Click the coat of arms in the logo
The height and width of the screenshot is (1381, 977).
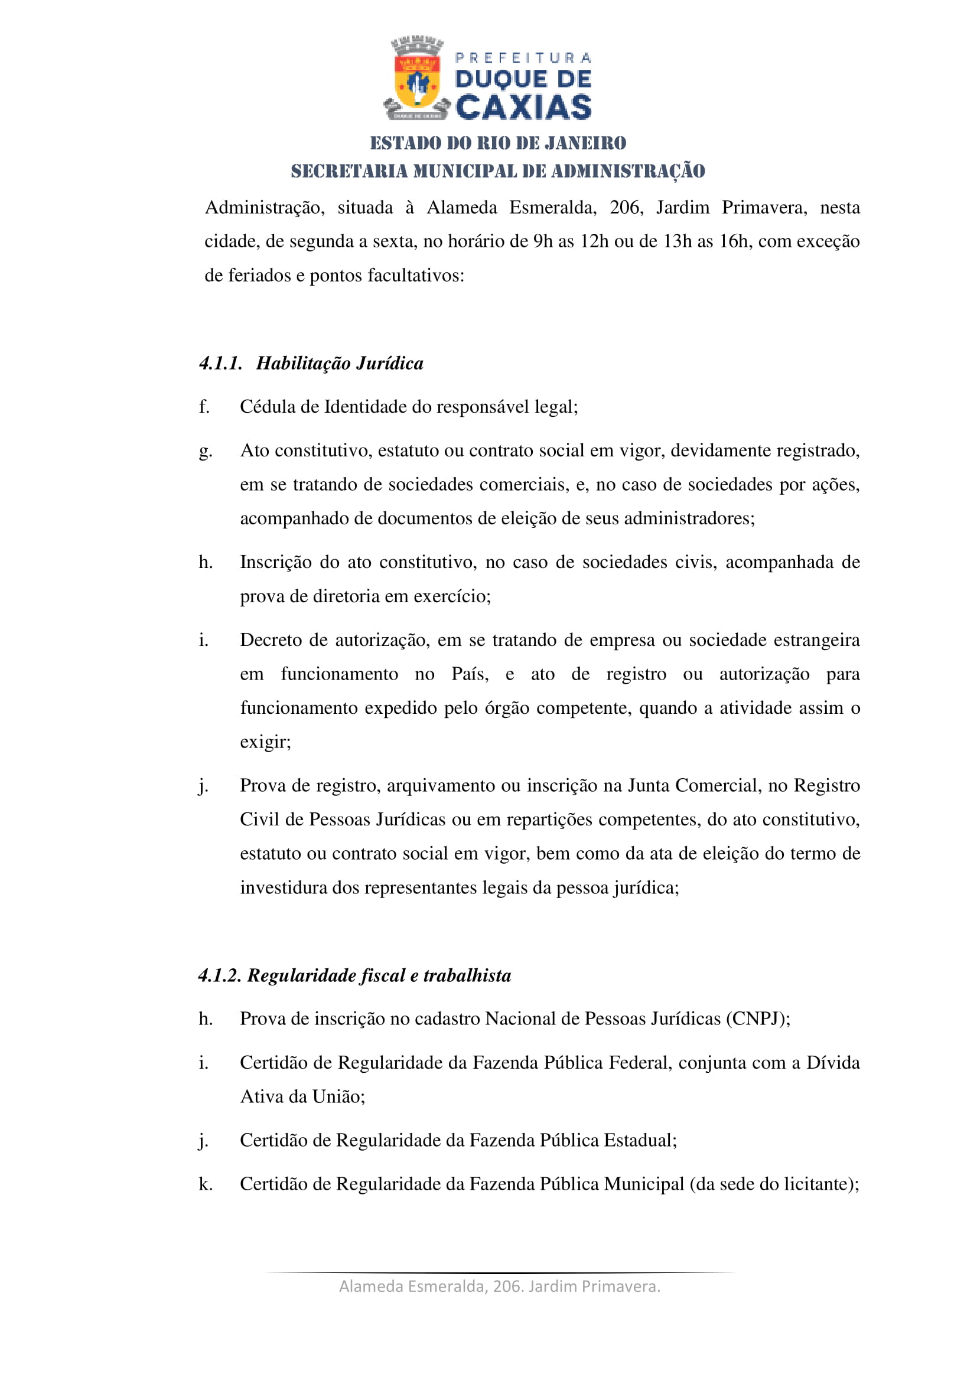pyautogui.click(x=416, y=78)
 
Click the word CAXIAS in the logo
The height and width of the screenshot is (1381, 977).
pyautogui.click(x=523, y=107)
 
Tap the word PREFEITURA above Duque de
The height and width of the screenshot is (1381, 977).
pyautogui.click(x=523, y=58)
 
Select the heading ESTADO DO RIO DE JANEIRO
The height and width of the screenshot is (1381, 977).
pyautogui.click(x=497, y=143)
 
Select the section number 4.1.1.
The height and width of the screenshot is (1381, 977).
pyautogui.click(x=220, y=363)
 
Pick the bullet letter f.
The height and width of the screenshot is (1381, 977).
pyautogui.click(x=204, y=407)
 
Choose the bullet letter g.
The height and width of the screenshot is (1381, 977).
pyautogui.click(x=205, y=450)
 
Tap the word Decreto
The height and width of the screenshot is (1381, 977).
pyautogui.click(x=270, y=639)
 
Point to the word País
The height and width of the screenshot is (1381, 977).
pyautogui.click(x=470, y=674)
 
